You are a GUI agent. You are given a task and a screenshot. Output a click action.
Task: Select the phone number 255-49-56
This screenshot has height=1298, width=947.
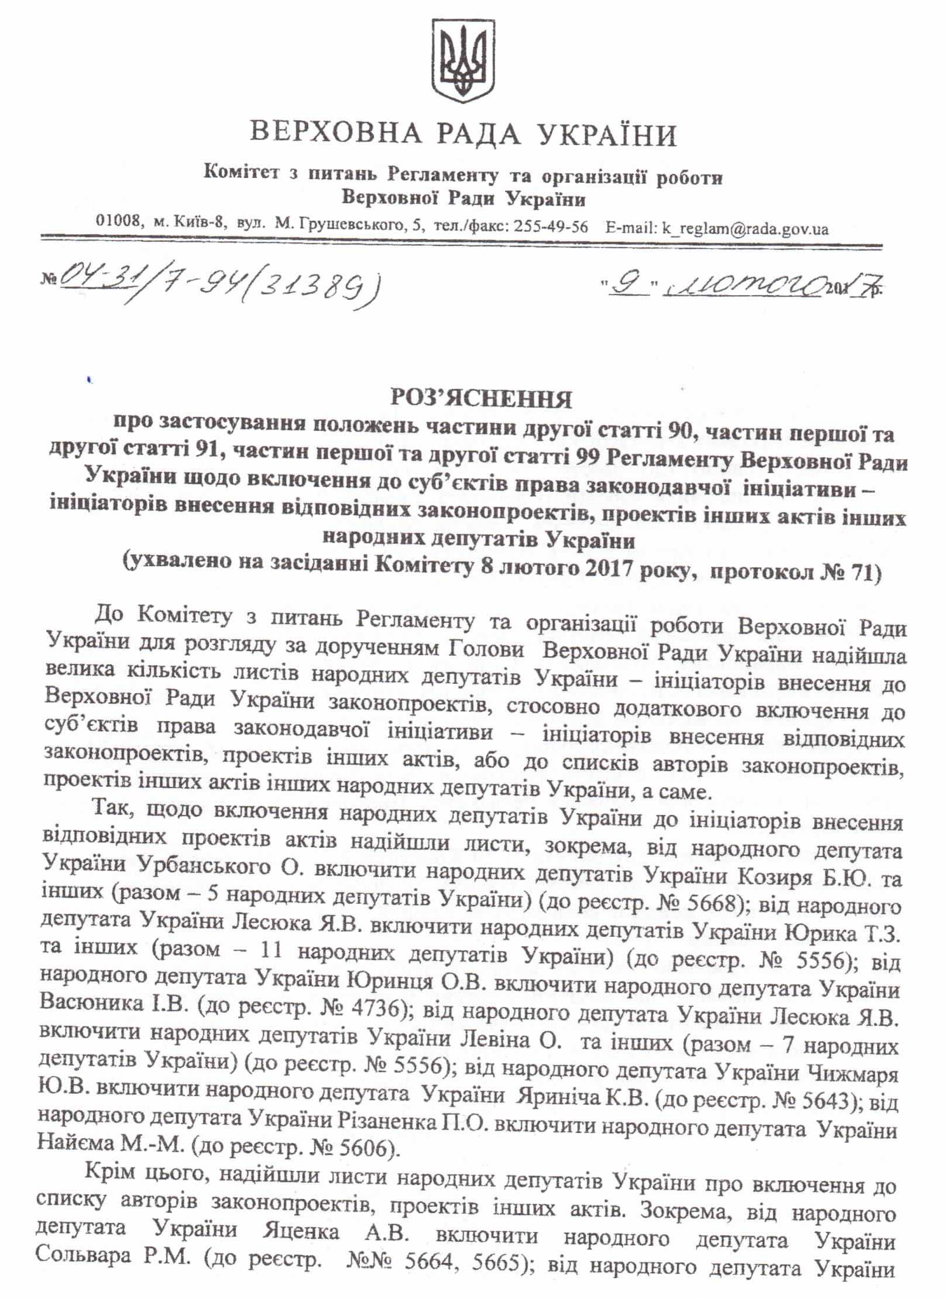551,228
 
